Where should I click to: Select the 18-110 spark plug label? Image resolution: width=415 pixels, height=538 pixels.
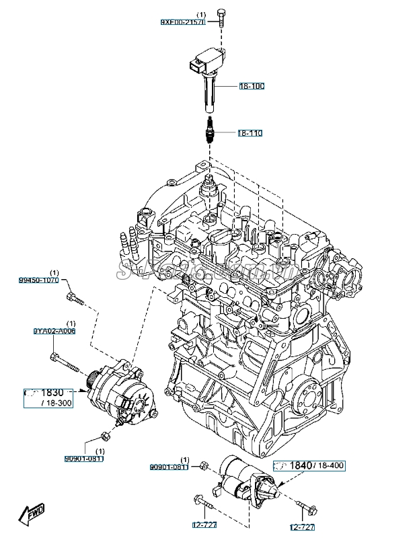250,133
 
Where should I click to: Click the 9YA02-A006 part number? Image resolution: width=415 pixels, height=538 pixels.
54,332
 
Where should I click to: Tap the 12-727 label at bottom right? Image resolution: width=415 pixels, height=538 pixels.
303,527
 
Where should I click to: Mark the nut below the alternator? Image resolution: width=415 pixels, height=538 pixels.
102,434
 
